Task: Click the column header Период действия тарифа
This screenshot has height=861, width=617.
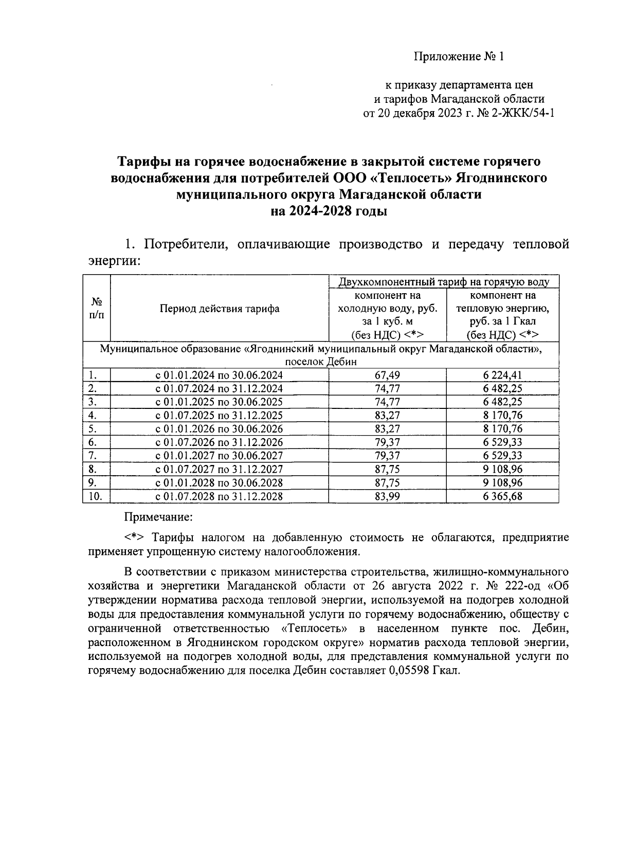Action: [x=220, y=309]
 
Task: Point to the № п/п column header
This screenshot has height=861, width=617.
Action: [x=97, y=309]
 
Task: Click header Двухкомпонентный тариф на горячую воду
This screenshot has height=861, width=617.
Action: [x=443, y=282]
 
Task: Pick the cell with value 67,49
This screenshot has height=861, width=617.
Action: [x=387, y=375]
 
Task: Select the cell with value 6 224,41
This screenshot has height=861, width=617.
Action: [x=502, y=375]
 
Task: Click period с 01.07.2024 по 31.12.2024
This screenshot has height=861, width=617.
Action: [x=220, y=389]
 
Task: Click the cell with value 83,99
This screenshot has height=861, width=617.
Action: [x=387, y=496]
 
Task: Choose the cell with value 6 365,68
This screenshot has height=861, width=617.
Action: [x=502, y=496]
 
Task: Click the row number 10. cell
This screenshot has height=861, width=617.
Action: [x=96, y=496]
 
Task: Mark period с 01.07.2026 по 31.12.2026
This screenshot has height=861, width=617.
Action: [x=220, y=442]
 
